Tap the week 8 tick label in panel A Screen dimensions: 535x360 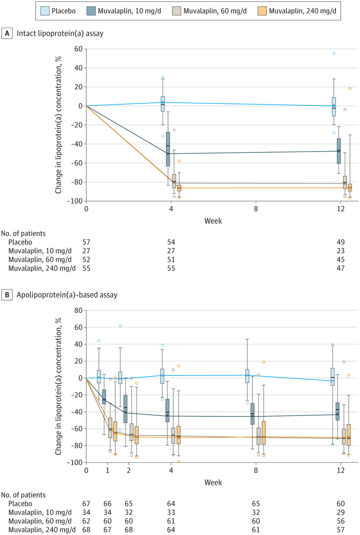pyautogui.click(x=256, y=209)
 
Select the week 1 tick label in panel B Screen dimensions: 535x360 pyautogui.click(x=107, y=470)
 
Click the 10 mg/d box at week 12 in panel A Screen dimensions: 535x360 pyautogui.click(x=339, y=151)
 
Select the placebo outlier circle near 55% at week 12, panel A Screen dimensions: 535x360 pyautogui.click(x=334, y=53)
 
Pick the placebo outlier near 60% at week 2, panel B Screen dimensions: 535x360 pyautogui.click(x=120, y=326)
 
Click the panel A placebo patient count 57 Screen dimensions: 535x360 pyautogui.click(x=86, y=241)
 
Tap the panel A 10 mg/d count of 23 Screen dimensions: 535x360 pyautogui.click(x=341, y=250)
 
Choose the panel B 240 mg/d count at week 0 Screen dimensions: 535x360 pyautogui.click(x=86, y=529)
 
